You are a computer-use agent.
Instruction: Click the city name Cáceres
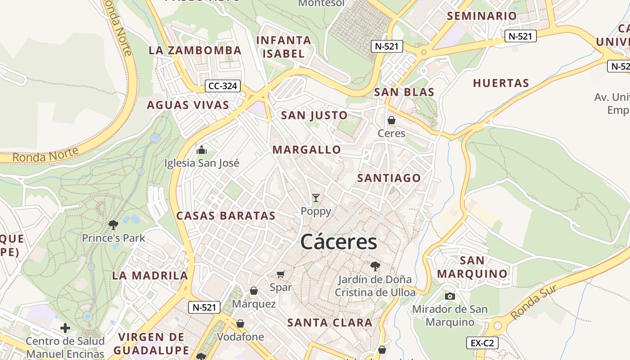point(338,242)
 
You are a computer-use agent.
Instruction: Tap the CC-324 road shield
point(223,85)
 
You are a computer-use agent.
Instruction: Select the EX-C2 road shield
point(482,343)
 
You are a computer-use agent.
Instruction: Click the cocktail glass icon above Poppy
point(316,198)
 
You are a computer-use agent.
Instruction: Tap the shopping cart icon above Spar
point(281,274)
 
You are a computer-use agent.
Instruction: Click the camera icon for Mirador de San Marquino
point(450,296)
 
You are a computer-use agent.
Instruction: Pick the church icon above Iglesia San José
point(202,149)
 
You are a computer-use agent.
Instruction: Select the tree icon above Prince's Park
point(113,224)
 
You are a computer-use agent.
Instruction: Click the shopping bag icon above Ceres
point(391,120)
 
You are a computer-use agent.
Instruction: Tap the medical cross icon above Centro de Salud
point(65,328)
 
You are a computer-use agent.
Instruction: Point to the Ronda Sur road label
point(534,302)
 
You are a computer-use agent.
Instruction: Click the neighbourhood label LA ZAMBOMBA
point(195,50)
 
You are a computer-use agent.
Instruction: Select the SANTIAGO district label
point(389,178)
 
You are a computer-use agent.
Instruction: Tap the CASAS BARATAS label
point(226,216)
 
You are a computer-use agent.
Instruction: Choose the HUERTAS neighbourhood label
point(501,83)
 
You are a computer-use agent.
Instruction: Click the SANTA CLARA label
point(330,323)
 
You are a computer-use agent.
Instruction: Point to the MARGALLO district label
point(307,150)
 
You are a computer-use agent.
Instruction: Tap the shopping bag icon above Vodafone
point(240,324)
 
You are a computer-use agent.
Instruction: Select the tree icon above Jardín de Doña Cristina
point(375,266)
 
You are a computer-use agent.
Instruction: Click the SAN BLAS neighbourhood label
point(404,92)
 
